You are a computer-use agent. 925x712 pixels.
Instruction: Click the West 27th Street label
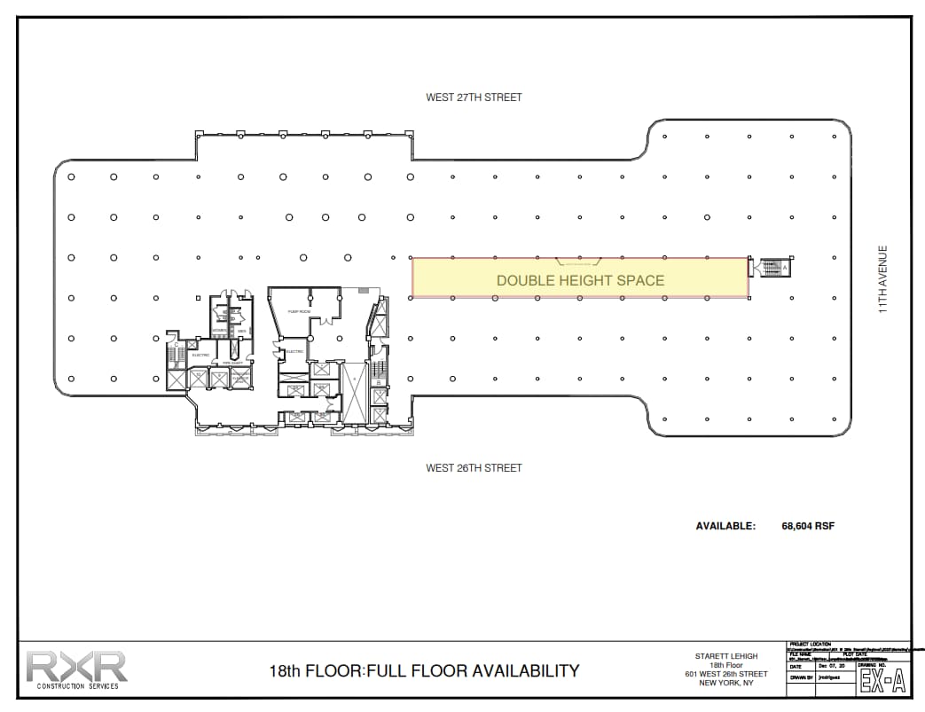pos(474,98)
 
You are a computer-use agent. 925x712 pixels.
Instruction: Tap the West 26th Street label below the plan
pos(474,468)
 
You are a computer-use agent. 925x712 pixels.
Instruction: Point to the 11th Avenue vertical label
pos(882,279)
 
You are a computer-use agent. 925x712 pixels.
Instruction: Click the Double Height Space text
pos(580,280)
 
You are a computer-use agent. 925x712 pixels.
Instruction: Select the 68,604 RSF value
pos(808,526)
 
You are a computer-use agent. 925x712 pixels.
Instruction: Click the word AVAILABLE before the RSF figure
pos(725,526)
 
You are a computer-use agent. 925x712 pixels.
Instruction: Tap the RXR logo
pos(76,666)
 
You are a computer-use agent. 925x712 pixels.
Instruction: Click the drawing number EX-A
pos(882,681)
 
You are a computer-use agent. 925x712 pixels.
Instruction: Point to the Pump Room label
pos(299,312)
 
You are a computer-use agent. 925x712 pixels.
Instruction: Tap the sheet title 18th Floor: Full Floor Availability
pos(424,671)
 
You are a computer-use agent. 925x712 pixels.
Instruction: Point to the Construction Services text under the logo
pos(76,686)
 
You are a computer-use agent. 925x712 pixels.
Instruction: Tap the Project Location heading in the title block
pos(809,645)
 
